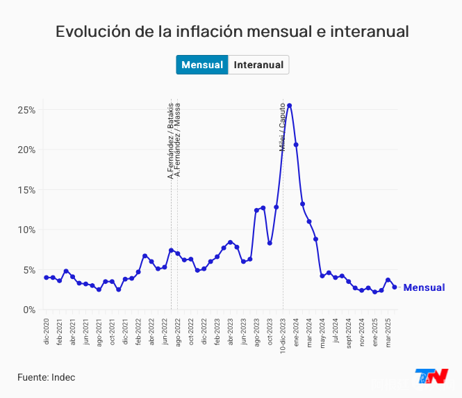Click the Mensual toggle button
[x=201, y=65]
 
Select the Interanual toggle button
[x=258, y=65]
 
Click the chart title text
[x=231, y=32]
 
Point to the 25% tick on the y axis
[x=27, y=110]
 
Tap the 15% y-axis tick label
[x=27, y=190]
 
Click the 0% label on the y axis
[x=30, y=310]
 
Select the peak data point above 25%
[x=289, y=106]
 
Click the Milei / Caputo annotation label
[x=283, y=127]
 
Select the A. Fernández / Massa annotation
[x=178, y=140]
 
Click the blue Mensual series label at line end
[x=424, y=287]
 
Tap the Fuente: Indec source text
[x=46, y=377]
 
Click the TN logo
[x=431, y=376]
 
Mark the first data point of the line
[x=47, y=278]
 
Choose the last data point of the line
[x=395, y=287]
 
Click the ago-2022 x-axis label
[x=178, y=330]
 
